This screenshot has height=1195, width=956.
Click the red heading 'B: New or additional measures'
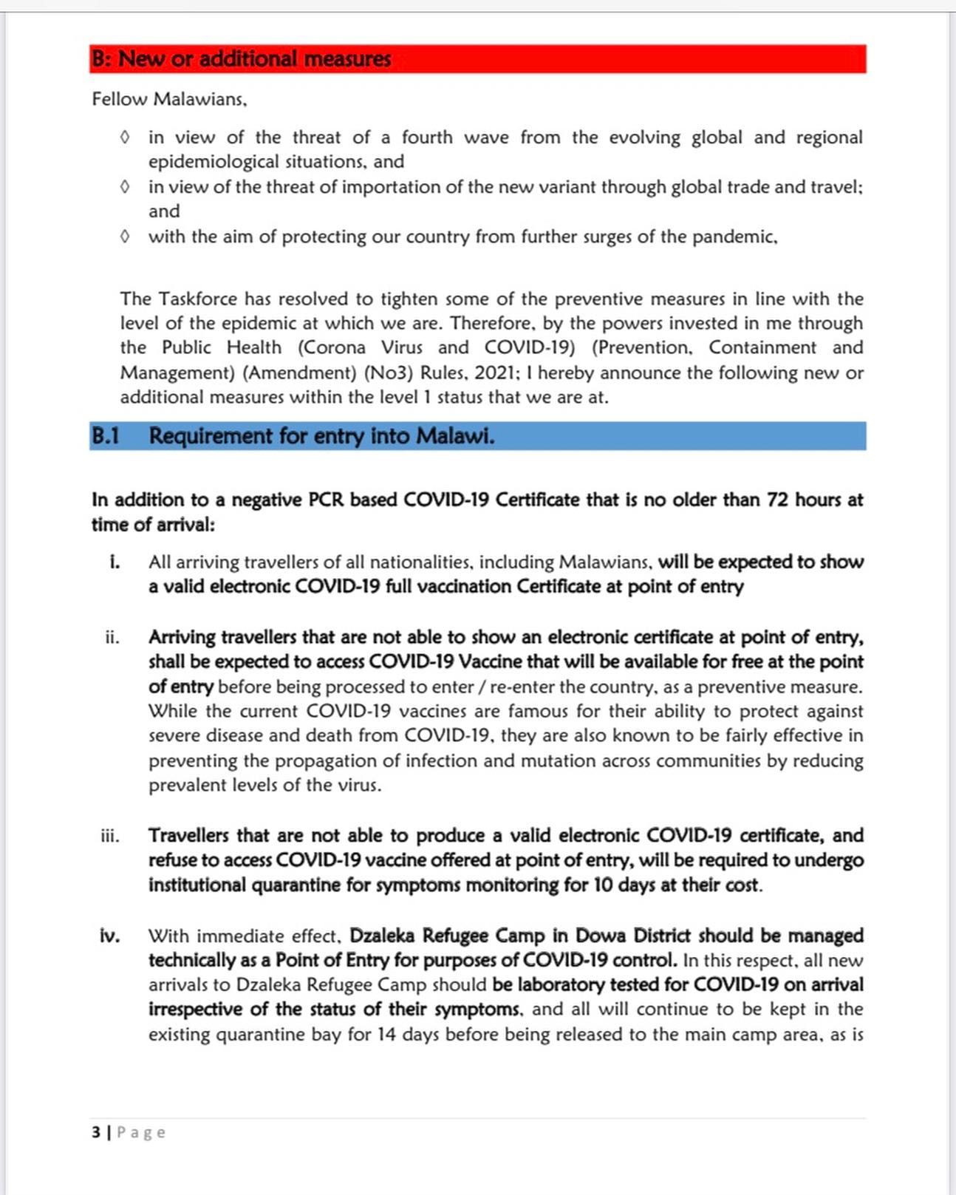(241, 59)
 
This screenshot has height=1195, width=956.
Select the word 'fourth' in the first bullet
(427, 137)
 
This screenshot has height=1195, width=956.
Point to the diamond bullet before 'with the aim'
(125, 236)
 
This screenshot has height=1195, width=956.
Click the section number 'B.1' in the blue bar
(105, 436)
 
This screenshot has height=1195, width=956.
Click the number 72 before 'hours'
(777, 500)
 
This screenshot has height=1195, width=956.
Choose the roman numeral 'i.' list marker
(115, 562)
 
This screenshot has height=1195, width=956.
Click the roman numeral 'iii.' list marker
(110, 836)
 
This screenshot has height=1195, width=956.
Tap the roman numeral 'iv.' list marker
(110, 936)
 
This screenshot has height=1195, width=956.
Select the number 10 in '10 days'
(604, 885)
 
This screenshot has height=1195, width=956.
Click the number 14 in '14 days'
(387, 1034)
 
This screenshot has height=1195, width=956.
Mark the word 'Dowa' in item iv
(598, 936)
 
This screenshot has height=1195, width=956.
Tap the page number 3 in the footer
(96, 1132)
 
